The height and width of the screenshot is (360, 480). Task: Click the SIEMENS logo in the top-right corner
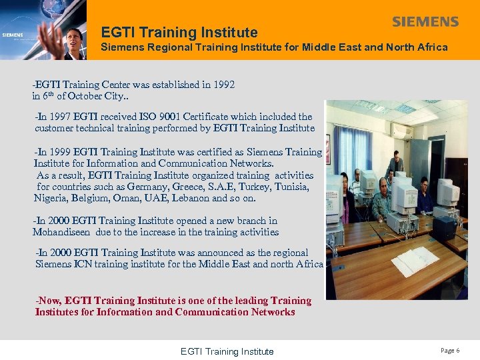point(425,22)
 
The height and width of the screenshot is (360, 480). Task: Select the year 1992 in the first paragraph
point(223,85)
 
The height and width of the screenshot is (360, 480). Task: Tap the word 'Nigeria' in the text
point(51,198)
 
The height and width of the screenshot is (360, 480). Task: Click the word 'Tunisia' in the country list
point(290,187)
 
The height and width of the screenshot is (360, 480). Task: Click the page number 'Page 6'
point(449,351)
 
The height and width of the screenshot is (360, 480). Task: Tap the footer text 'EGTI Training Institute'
point(227,351)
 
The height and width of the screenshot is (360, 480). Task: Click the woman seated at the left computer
point(343,193)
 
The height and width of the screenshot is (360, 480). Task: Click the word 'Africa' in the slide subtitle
point(431,47)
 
